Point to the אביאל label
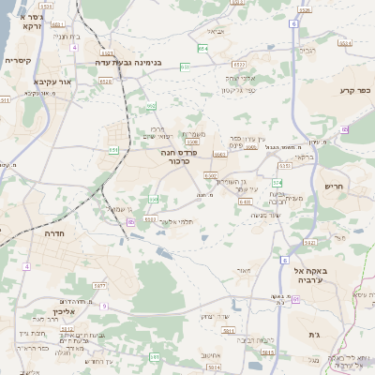tap(217, 32)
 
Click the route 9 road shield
tap(105, 306)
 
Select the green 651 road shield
tap(113, 149)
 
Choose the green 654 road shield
tap(203, 48)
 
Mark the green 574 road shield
tap(277, 182)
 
